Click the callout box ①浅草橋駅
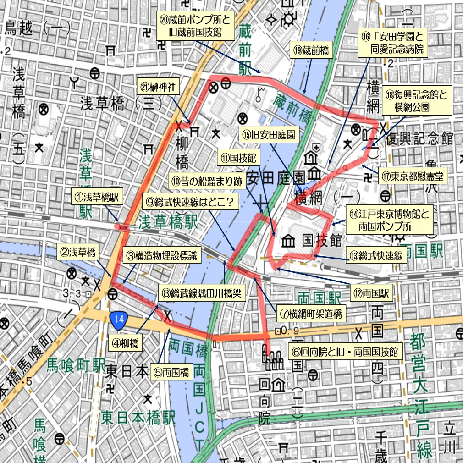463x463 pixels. [x=97, y=198]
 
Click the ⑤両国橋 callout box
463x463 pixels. [x=172, y=372]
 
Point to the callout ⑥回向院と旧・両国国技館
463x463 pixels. [x=345, y=352]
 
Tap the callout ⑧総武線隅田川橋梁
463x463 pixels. [x=199, y=292]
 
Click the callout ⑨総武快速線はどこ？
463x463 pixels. [x=192, y=201]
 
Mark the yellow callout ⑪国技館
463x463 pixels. [x=238, y=159]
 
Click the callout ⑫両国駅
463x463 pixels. [x=373, y=293]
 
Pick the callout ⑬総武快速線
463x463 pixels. [x=376, y=256]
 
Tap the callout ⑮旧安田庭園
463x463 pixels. [x=268, y=136]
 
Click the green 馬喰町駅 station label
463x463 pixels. [x=76, y=365]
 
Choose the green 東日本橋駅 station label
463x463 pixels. [x=138, y=418]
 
